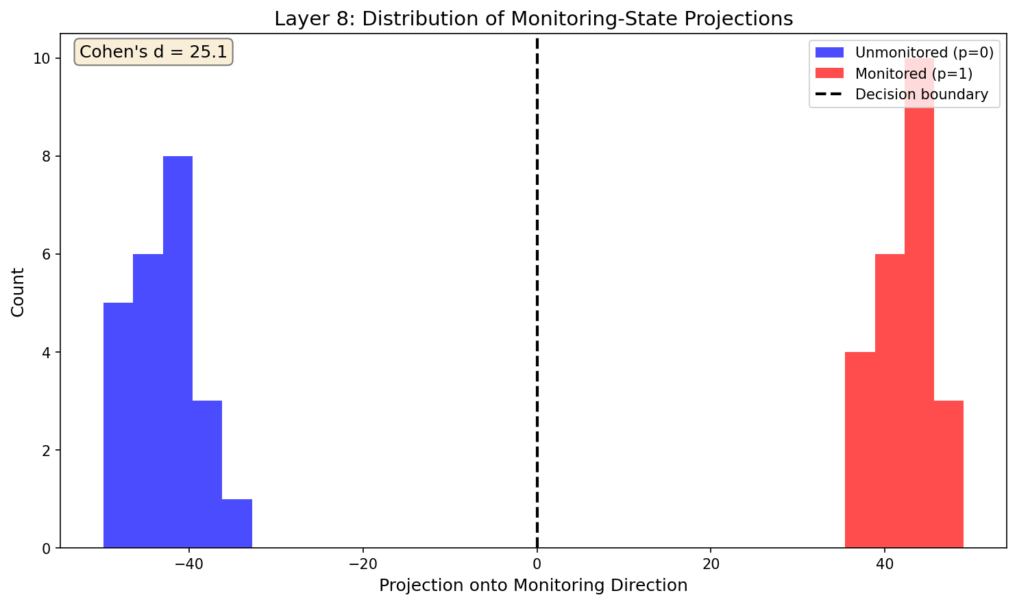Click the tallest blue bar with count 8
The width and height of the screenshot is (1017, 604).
177,352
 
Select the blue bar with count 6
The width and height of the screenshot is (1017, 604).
148,401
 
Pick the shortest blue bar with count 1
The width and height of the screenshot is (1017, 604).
237,524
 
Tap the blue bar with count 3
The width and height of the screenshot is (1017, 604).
207,474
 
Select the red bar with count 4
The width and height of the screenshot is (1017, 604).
860,450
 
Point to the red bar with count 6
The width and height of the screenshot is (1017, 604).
890,401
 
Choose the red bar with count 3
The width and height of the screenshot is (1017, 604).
948,474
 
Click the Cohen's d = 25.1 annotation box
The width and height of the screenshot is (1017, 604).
154,52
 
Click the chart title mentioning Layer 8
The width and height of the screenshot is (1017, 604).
533,18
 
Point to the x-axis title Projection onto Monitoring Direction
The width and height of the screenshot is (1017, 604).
533,586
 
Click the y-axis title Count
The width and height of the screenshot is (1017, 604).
19,292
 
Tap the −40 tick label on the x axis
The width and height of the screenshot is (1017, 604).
188,566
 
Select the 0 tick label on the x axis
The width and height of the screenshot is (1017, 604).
537,566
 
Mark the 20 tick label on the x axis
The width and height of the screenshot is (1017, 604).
711,566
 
